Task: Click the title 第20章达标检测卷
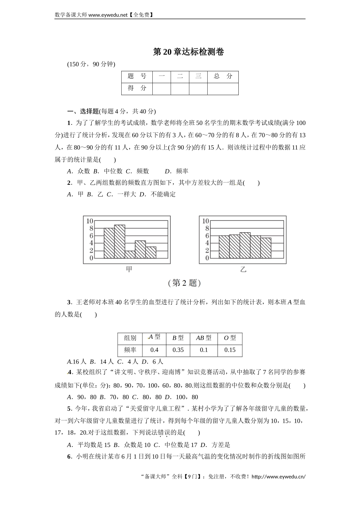(x=188, y=52)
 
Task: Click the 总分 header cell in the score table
(x=223, y=76)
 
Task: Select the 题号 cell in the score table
(x=137, y=76)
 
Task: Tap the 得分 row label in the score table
(x=137, y=88)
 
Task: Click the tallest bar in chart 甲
(x=119, y=241)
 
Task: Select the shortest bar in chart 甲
(x=130, y=254)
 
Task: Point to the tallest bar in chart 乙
(x=245, y=245)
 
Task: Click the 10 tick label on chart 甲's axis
(x=89, y=221)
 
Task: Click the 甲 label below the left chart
(x=129, y=269)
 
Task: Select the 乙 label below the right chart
(x=243, y=269)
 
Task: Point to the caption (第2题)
(x=184, y=283)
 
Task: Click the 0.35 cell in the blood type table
(x=178, y=350)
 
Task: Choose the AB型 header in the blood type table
(x=204, y=338)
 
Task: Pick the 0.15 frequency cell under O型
(x=230, y=350)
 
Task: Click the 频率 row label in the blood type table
(x=130, y=350)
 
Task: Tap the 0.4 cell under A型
(x=154, y=350)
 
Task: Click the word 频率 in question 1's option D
(x=182, y=171)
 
